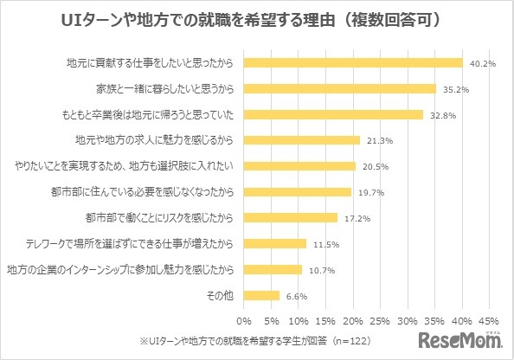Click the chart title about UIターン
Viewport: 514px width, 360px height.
click(x=257, y=19)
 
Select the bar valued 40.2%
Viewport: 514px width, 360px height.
click(x=354, y=62)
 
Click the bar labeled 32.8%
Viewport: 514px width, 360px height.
click(x=333, y=114)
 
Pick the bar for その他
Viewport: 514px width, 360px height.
click(x=262, y=295)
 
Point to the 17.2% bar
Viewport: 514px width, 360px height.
click(x=291, y=217)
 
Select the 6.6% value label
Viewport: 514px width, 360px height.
click(x=296, y=295)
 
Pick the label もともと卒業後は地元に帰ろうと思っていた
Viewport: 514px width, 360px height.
click(x=160, y=114)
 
